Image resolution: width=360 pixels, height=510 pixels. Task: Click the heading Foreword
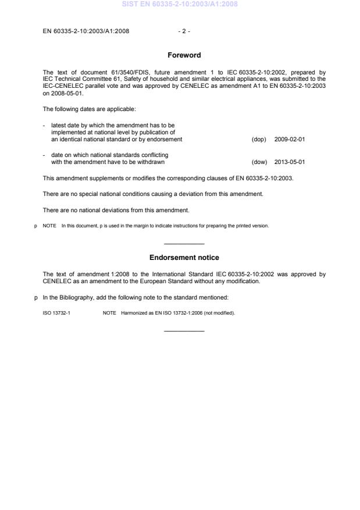[184, 55]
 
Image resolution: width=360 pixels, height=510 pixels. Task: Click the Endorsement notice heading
[184, 258]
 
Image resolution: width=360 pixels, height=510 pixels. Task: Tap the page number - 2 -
[184, 31]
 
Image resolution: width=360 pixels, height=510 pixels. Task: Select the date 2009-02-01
[289, 140]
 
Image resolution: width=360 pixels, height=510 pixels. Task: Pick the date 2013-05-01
[289, 162]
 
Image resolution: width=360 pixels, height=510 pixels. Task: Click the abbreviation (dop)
[259, 140]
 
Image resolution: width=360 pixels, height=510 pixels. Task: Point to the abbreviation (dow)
[259, 162]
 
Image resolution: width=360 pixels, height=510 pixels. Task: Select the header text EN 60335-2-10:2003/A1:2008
[86, 31]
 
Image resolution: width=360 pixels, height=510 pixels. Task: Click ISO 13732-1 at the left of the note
[56, 313]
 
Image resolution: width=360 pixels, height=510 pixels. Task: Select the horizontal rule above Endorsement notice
[184, 243]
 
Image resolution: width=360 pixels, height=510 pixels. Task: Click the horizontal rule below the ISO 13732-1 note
[184, 331]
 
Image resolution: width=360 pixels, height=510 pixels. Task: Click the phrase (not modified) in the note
[220, 313]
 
